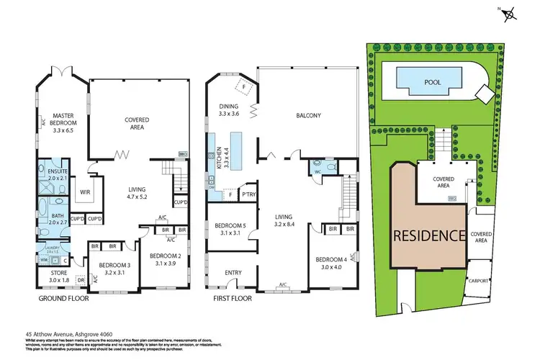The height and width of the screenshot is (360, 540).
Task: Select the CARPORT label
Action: point(479,280)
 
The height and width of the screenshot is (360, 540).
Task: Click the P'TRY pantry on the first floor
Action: point(249,194)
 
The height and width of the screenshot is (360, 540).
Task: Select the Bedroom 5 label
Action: point(230,230)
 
